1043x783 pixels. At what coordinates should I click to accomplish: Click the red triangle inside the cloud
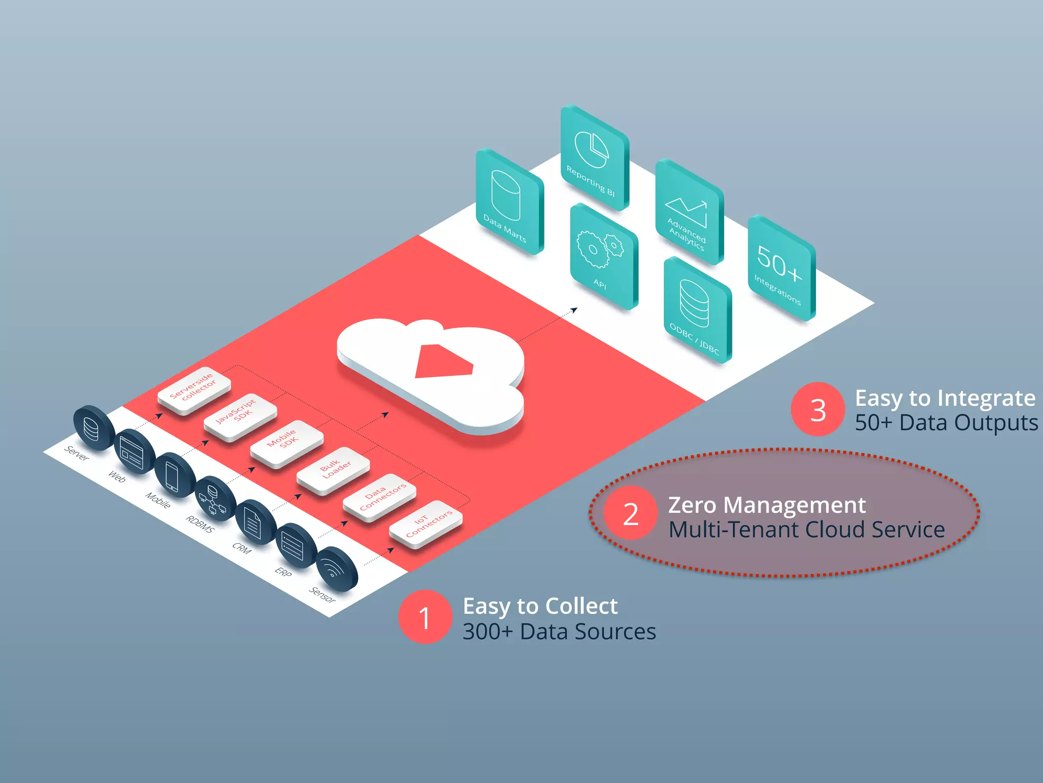[443, 362]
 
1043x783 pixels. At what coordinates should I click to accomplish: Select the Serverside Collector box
[194, 388]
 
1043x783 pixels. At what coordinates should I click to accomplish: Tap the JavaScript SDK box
[240, 415]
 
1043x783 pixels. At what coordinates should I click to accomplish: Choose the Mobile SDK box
[286, 442]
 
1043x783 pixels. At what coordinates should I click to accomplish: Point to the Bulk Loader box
[333, 469]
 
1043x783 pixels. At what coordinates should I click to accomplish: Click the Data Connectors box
[379, 496]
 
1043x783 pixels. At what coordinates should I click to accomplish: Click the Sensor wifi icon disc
[336, 568]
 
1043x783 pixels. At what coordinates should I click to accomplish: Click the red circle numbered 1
[425, 617]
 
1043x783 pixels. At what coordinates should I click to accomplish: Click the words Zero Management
[766, 505]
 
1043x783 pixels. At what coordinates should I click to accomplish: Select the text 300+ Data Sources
[559, 632]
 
